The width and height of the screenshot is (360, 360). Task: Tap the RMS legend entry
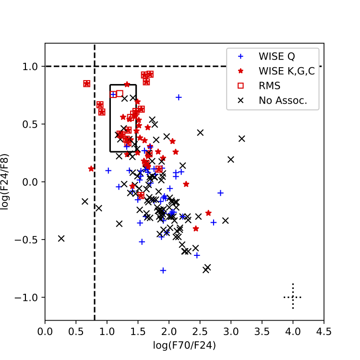pyautogui.click(x=269, y=86)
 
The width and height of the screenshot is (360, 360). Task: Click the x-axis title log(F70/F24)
pyautogui.click(x=184, y=345)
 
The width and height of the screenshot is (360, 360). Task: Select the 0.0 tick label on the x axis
pyautogui.click(x=45, y=331)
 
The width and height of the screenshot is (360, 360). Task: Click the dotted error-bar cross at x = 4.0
pyautogui.click(x=293, y=297)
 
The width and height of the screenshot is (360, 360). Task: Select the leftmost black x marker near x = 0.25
pyautogui.click(x=61, y=238)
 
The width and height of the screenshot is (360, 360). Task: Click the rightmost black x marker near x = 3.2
pyautogui.click(x=242, y=139)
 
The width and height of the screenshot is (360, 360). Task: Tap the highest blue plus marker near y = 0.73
pyautogui.click(x=179, y=97)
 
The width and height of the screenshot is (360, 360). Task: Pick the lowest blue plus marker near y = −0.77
pyautogui.click(x=163, y=270)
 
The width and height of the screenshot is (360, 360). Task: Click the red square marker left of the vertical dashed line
pyautogui.click(x=87, y=84)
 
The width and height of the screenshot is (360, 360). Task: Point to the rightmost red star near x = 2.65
pyautogui.click(x=208, y=213)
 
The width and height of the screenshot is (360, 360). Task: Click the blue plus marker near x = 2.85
pyautogui.click(x=221, y=193)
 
